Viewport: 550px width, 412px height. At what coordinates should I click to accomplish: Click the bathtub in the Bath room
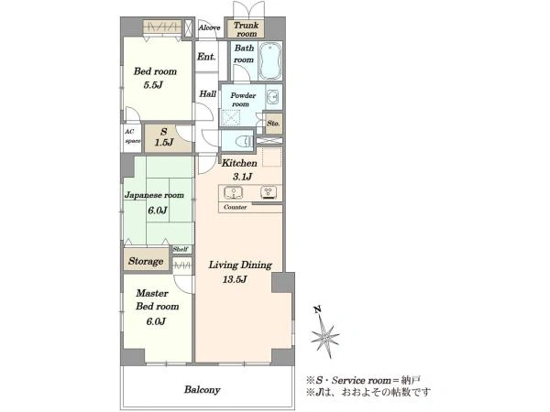coord(270,61)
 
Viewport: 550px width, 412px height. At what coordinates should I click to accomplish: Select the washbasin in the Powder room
coord(272,95)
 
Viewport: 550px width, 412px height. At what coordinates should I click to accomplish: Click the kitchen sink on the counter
coord(233,192)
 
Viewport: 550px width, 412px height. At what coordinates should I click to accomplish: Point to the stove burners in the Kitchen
coord(269,192)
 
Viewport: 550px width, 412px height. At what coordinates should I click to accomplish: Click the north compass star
coord(325,337)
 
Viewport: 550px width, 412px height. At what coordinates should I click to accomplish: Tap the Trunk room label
coord(247,29)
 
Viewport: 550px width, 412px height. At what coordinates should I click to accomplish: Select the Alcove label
coord(209,27)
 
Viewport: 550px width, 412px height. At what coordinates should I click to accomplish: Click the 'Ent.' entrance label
coord(206,56)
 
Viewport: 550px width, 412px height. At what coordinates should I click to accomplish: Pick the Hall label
coord(208,94)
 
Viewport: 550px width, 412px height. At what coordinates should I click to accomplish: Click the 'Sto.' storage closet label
coord(273,124)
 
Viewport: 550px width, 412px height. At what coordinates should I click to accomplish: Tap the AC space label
coord(132,136)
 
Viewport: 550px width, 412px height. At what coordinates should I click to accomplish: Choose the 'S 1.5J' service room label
coord(164,137)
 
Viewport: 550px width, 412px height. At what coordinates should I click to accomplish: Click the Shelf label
coord(181,249)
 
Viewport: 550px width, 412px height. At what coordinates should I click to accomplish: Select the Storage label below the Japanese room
coord(146,261)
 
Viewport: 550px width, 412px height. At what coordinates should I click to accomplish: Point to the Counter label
coord(235,207)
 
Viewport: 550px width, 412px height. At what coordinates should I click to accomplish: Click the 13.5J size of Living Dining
coord(235,279)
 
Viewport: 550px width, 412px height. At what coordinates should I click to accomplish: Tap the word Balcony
coord(203,390)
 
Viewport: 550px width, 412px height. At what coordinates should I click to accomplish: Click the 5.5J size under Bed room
coord(153,85)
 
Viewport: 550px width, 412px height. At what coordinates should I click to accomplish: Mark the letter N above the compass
coord(317,309)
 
